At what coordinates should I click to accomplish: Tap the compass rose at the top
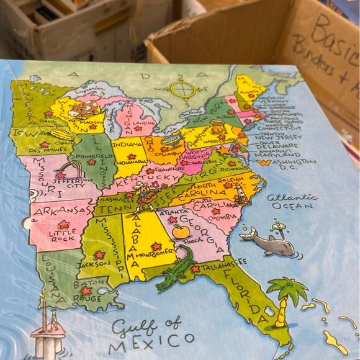[x=182, y=89]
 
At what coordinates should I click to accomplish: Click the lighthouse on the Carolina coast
[x=241, y=194]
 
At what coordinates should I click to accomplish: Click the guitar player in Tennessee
[x=146, y=194]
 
